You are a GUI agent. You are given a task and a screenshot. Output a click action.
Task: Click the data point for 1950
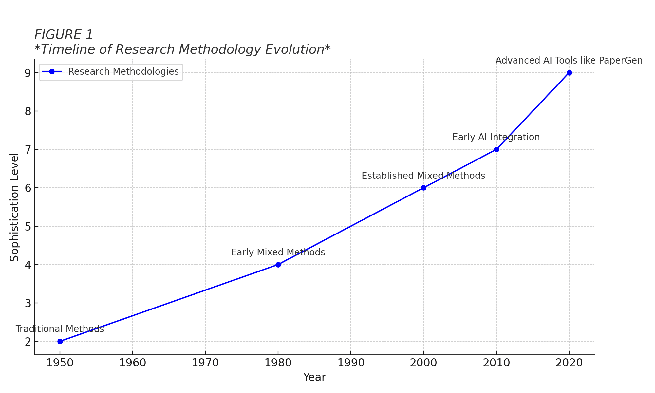point(60,341)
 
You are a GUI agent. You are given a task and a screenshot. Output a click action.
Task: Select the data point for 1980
point(278,265)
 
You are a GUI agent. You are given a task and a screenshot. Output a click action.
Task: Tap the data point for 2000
point(423,188)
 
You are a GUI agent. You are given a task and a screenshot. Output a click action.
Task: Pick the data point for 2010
point(496,149)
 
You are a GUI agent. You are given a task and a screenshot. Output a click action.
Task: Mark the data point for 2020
point(569,73)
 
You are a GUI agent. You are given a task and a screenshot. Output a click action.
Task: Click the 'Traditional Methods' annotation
point(60,329)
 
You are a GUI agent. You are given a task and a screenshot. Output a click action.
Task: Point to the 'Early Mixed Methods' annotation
point(278,253)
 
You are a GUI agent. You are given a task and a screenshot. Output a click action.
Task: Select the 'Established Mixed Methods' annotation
point(423,176)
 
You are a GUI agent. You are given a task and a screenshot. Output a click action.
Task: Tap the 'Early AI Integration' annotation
point(496,137)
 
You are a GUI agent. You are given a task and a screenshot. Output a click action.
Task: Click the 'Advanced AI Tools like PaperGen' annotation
point(569,61)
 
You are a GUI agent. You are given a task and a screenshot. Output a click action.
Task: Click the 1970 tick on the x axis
point(205,363)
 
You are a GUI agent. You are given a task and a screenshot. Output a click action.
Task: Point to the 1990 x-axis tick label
point(351,363)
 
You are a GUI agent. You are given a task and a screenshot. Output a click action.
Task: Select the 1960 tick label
point(133,363)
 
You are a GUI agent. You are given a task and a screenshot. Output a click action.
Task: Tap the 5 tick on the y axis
point(28,226)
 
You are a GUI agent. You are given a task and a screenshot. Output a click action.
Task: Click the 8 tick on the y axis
point(28,111)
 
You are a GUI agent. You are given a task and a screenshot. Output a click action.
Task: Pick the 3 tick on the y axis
point(28,303)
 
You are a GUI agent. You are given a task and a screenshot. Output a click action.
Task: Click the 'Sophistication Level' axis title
point(14,207)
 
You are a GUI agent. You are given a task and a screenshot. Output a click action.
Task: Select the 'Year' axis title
point(314,377)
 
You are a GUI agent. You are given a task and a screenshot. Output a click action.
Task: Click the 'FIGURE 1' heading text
point(64,35)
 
